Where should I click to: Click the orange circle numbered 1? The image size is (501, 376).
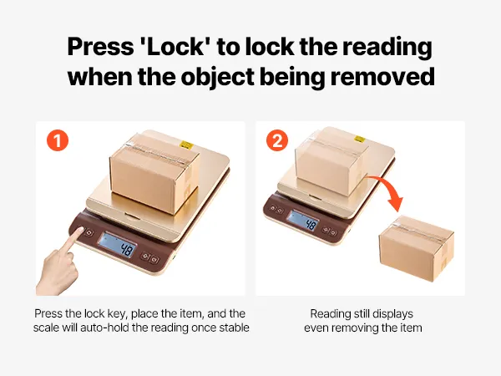tap(58, 140)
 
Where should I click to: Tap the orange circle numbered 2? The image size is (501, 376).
tap(277, 140)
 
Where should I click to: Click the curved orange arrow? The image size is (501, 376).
tap(388, 191)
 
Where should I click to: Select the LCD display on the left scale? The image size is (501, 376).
tap(117, 245)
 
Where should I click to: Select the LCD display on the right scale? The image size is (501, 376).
tap(303, 221)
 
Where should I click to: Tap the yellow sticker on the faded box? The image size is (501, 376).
tap(360, 139)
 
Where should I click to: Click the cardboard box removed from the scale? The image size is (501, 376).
tap(416, 248)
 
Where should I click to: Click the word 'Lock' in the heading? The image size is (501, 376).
tap(177, 46)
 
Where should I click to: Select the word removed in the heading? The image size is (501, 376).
tap(382, 77)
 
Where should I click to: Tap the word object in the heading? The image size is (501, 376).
tap(218, 78)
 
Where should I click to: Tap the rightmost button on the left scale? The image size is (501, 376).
tap(155, 259)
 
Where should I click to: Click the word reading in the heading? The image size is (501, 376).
tap(387, 48)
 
